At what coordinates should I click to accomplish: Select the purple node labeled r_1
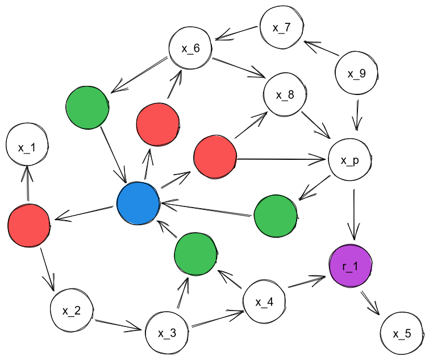pyautogui.click(x=351, y=266)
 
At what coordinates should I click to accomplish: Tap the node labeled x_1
pyautogui.click(x=27, y=147)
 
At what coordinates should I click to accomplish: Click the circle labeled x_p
pyautogui.click(x=350, y=160)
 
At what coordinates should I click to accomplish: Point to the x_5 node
pyautogui.click(x=401, y=334)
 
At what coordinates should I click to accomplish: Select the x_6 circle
pyautogui.click(x=190, y=48)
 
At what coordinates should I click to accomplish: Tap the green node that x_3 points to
pyautogui.click(x=196, y=254)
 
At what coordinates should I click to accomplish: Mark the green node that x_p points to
pyautogui.click(x=276, y=216)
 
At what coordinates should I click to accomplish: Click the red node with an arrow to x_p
pyautogui.click(x=215, y=158)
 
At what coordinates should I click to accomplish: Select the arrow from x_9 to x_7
pyautogui.click(x=323, y=49)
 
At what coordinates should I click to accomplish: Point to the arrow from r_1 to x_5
pyautogui.click(x=369, y=300)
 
